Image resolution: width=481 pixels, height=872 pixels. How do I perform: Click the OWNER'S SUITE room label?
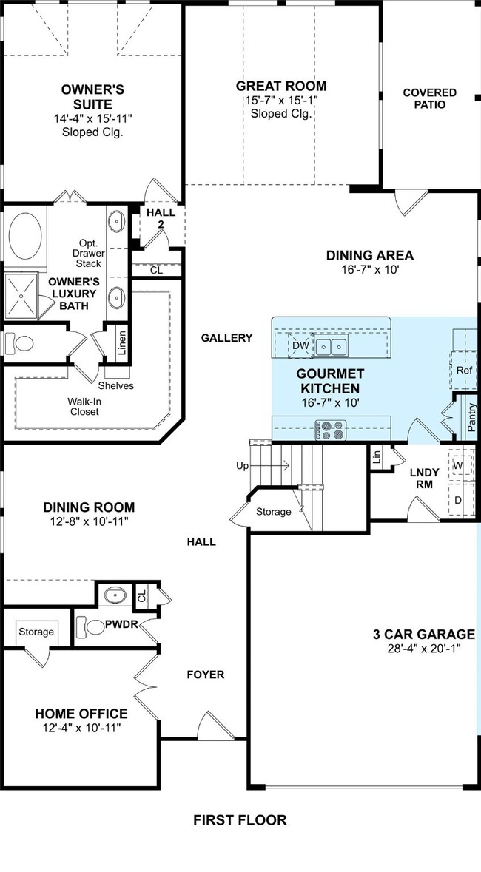point(92,97)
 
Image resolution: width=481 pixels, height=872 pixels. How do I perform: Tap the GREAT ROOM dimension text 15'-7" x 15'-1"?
point(281,101)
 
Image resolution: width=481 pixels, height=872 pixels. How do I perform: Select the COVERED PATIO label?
point(430,98)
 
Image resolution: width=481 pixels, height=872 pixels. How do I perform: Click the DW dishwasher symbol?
point(300,346)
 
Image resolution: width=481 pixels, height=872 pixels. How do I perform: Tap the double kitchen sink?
point(331,346)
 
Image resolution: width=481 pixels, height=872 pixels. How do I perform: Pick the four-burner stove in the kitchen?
point(331,430)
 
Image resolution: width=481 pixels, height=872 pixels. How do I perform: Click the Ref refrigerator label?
point(464,371)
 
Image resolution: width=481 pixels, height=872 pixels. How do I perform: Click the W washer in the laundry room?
point(458,465)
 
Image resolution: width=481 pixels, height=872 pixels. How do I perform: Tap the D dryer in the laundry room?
point(458,500)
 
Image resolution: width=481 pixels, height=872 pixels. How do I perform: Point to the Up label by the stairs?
point(242,466)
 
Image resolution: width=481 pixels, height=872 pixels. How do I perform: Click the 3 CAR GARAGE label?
point(424,634)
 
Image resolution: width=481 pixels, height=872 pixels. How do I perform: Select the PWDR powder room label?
point(122,624)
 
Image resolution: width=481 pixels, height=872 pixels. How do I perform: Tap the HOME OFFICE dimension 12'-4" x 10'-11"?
point(81,728)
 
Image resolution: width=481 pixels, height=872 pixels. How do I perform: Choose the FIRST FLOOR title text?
point(240,819)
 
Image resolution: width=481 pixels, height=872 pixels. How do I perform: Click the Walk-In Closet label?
point(84,407)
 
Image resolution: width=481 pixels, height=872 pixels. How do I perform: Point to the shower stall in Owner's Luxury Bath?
point(21,296)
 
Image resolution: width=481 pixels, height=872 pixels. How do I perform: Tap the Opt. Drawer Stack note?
point(89,253)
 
